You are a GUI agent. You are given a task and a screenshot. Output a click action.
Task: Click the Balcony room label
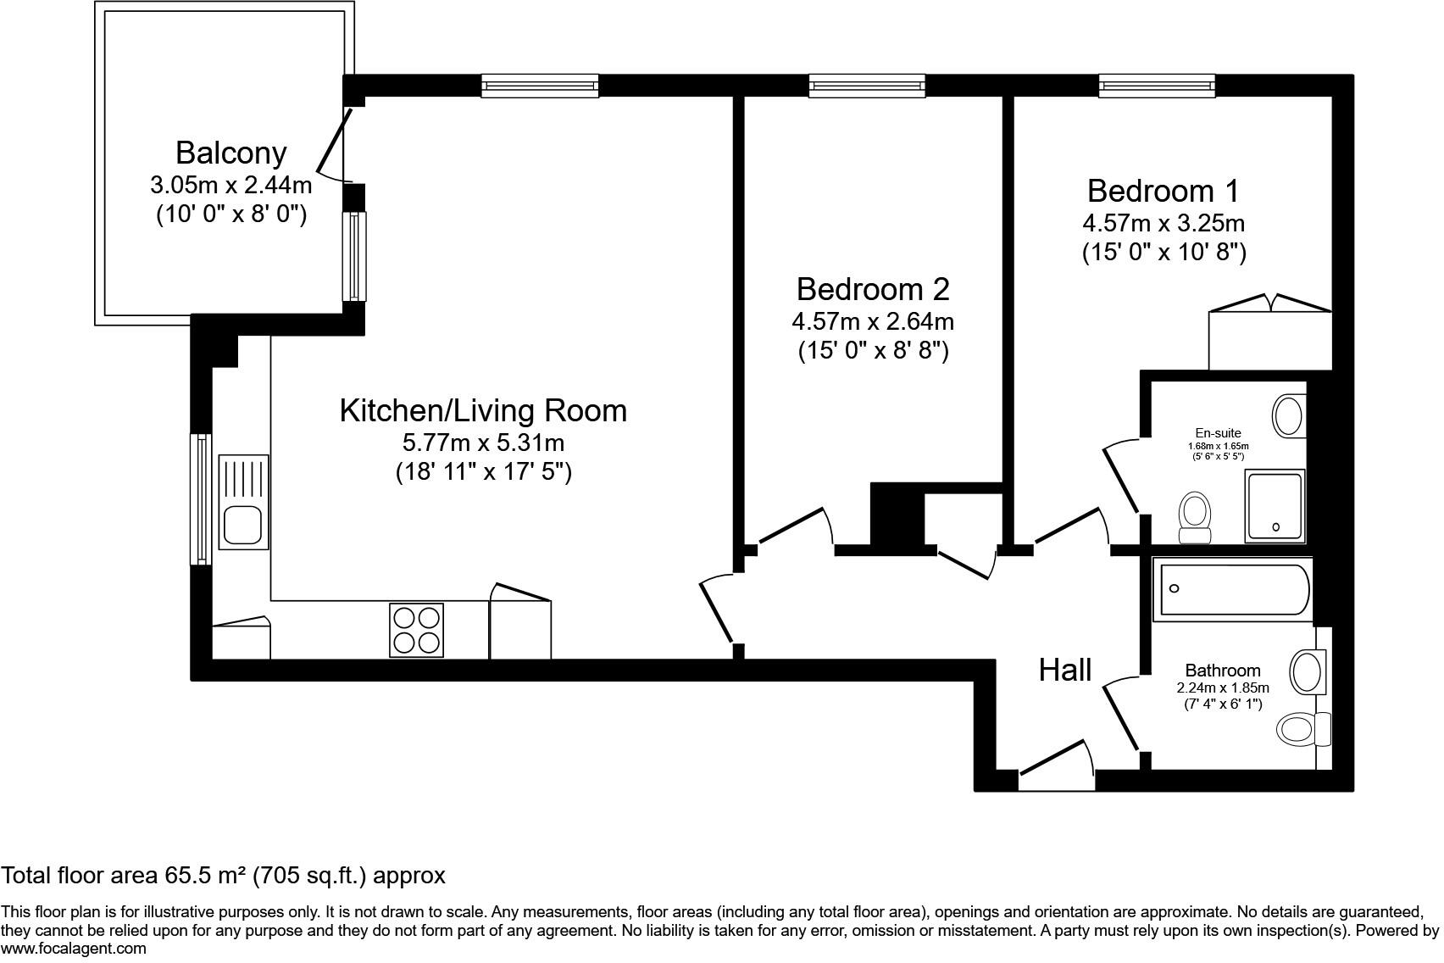[x=230, y=153]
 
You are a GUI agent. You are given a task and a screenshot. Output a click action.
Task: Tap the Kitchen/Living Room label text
[x=483, y=411]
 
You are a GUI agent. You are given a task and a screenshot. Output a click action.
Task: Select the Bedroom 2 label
[x=873, y=289]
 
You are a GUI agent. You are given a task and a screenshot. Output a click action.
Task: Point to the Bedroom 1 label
[x=1163, y=191]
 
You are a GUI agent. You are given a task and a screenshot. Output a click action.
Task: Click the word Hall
[x=1065, y=671]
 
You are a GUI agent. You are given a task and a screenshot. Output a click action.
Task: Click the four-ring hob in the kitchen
[x=416, y=630]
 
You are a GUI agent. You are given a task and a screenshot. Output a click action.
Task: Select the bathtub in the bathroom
[x=1233, y=589]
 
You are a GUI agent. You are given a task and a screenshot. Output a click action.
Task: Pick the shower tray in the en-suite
[x=1275, y=506]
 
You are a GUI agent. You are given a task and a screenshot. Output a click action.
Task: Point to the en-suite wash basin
[x=1289, y=416]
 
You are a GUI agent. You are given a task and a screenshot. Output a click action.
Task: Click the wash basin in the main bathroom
[x=1308, y=672]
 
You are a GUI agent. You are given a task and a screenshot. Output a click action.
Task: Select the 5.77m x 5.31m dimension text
[x=484, y=443]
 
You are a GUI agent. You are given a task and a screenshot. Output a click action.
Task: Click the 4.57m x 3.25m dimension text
[x=1164, y=223]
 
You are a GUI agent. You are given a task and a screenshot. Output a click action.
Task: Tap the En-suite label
[x=1218, y=433]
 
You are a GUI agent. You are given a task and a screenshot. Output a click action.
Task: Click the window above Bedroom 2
[x=867, y=86]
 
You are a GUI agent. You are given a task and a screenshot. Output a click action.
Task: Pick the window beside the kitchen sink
[x=201, y=499]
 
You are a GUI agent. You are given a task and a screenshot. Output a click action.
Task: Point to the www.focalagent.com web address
[x=74, y=949]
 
